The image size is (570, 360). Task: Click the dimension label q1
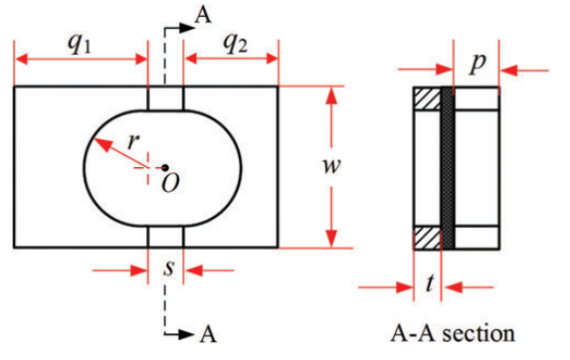[79, 45]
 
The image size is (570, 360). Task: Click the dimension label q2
[236, 45]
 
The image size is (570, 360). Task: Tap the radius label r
[133, 141]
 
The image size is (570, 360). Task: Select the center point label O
[170, 183]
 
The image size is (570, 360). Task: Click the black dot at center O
[165, 168]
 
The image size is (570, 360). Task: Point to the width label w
[331, 166]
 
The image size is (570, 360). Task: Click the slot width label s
[169, 269]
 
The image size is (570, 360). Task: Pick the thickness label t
[430, 283]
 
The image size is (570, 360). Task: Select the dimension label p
[476, 65]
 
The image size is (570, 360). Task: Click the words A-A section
[453, 333]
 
